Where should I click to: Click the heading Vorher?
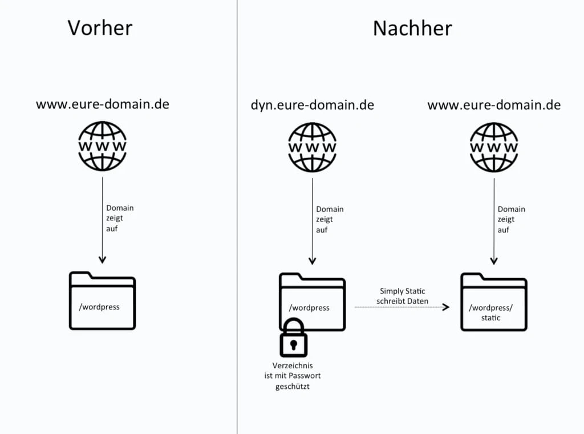click(100, 28)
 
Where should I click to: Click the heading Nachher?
click(412, 28)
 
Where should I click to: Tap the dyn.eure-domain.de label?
click(313, 105)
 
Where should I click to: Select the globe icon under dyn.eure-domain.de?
click(312, 147)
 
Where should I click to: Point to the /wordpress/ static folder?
click(494, 303)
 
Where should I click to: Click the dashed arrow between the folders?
click(402, 307)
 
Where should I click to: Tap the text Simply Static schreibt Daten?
click(403, 296)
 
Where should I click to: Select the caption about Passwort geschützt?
click(293, 376)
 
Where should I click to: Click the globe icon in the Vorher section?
click(103, 146)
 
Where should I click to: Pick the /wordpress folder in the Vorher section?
click(103, 301)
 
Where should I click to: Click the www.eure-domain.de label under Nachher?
click(494, 105)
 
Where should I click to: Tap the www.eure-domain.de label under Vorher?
click(103, 105)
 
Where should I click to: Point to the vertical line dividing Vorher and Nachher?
click(237, 228)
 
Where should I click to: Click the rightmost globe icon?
click(494, 147)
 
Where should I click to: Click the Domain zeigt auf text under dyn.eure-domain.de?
click(330, 219)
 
